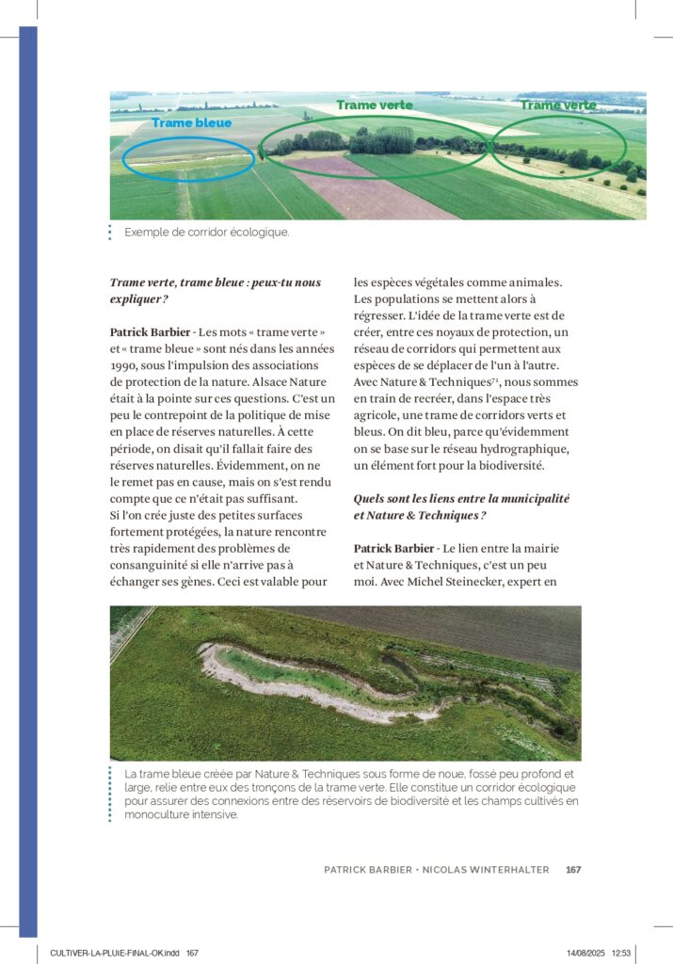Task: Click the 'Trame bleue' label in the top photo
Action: [191, 123]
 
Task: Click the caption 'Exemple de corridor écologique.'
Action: [206, 232]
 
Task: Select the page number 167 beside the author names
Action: [573, 870]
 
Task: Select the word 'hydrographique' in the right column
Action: [526, 447]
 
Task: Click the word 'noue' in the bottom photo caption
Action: [438, 774]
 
